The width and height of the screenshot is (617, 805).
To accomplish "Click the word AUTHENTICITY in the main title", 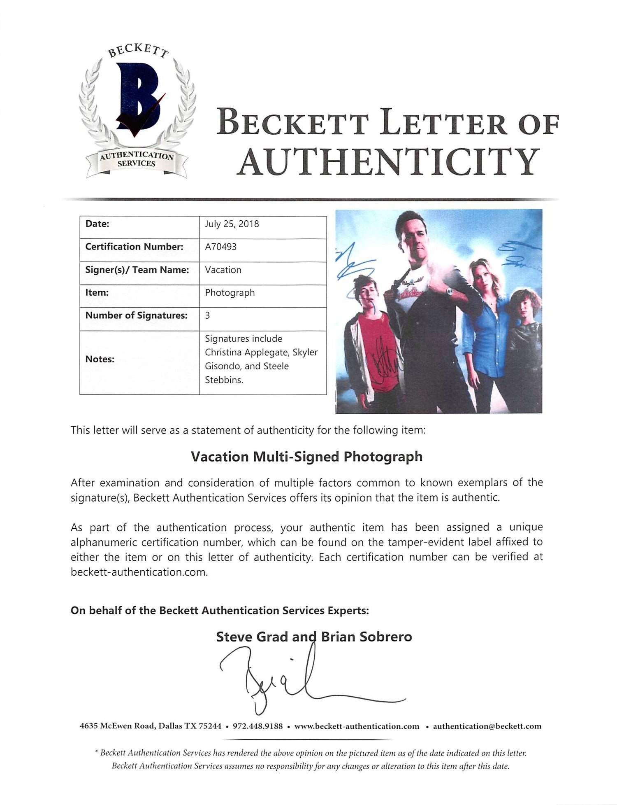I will click(388, 162).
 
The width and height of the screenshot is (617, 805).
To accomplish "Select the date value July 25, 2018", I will click(232, 224).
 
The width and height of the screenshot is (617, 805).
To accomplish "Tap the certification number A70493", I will click(221, 247).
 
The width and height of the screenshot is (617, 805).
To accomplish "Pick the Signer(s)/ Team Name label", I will click(137, 270).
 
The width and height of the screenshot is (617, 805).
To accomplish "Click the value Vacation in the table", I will click(223, 270).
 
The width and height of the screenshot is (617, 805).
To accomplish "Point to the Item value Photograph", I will click(230, 293).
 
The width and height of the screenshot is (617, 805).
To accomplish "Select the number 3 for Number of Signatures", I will click(208, 315).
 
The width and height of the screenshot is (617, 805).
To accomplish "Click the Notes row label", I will click(100, 359).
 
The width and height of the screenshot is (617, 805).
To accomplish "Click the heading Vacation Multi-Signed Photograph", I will click(306, 457).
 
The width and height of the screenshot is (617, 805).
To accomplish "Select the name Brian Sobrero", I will click(366, 637).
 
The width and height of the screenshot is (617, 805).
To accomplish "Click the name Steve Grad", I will click(252, 637).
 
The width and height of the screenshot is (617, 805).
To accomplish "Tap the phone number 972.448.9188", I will click(258, 726).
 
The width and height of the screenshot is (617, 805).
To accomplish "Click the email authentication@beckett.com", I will click(487, 726).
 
